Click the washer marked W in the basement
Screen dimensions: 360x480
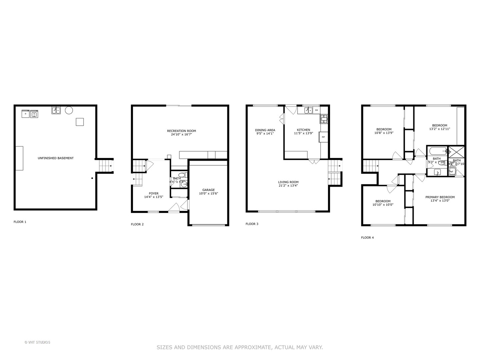(34, 114)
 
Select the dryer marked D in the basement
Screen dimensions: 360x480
(26, 114)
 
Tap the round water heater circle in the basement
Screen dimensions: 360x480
(69, 110)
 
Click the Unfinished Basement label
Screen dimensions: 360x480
(56, 158)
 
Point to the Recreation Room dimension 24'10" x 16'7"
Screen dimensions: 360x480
(181, 135)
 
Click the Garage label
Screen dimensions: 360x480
(208, 190)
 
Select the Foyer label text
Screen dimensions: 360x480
(154, 193)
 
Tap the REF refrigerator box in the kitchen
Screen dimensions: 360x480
(323, 137)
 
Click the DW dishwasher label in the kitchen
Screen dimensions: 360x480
(316, 110)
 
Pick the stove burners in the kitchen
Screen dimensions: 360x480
(324, 117)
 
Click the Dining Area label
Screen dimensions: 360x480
(265, 130)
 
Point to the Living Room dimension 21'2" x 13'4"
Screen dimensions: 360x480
(288, 186)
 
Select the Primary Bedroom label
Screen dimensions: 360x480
(440, 197)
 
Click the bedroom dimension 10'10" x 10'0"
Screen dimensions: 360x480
(383, 205)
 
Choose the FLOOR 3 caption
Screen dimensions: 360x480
(252, 224)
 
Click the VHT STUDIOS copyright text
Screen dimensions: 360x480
(38, 342)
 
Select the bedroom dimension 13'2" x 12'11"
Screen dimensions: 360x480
(440, 129)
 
